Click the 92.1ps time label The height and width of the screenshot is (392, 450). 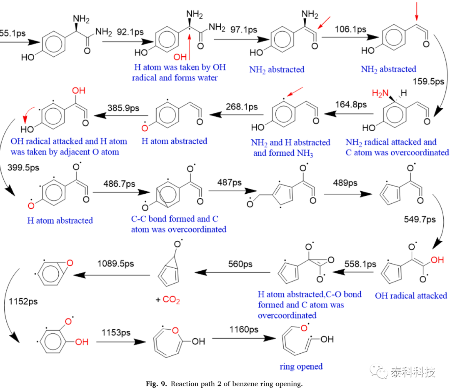[130, 32]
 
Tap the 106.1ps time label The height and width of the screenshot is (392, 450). [350, 29]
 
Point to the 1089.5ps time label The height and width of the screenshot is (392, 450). [116, 263]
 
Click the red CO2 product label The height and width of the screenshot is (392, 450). [171, 300]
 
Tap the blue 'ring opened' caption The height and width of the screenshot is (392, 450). [301, 367]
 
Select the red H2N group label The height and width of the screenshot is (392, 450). [380, 93]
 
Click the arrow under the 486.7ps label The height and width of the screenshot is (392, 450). [121, 192]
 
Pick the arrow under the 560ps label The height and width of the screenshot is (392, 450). [232, 272]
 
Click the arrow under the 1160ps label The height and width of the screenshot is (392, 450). [244, 338]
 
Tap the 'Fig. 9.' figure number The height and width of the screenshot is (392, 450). [156, 384]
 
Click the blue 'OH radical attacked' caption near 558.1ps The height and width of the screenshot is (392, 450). [411, 296]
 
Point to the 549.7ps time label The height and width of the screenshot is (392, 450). [420, 220]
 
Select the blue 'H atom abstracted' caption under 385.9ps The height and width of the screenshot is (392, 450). [174, 141]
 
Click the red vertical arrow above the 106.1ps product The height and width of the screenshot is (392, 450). [417, 11]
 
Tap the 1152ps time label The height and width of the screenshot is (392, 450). [23, 301]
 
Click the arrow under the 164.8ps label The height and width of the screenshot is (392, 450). [349, 114]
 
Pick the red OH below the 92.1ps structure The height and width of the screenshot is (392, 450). [180, 57]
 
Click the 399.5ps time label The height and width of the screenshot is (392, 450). [23, 167]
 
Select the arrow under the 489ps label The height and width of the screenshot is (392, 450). [348, 194]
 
